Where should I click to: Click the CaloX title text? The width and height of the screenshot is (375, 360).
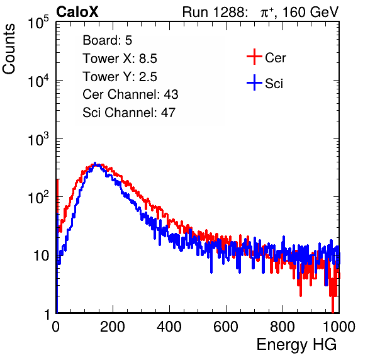[x=77, y=12]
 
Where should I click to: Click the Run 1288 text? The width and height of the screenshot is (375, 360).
[x=215, y=12]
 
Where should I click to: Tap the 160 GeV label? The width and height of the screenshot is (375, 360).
[x=310, y=12]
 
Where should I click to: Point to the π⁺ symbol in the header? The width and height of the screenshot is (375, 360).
[x=267, y=12]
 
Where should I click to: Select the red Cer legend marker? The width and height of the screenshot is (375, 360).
[x=254, y=57]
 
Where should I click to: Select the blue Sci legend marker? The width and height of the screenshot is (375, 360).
[x=254, y=82]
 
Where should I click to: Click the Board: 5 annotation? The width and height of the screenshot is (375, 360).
[x=108, y=40]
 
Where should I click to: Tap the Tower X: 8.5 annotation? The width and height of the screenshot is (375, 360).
[x=120, y=59]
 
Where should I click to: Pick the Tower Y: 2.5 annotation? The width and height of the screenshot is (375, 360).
[x=120, y=77]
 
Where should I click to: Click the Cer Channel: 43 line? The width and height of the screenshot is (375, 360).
[x=130, y=94]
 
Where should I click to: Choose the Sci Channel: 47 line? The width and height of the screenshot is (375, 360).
[x=129, y=113]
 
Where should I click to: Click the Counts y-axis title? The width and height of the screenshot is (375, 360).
[x=9, y=49]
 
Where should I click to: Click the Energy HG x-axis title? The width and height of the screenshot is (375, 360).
[x=296, y=345]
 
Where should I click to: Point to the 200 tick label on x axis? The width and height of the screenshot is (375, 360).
[x=113, y=327]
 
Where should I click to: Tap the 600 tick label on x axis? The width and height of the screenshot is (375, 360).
[x=226, y=327]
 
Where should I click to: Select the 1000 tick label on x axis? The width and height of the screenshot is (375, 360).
[x=339, y=327]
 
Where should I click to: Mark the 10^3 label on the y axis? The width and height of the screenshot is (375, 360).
[x=38, y=139]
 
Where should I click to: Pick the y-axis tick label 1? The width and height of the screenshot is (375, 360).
[x=47, y=314]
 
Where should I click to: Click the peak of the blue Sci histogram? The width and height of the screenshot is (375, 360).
[x=95, y=164]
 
